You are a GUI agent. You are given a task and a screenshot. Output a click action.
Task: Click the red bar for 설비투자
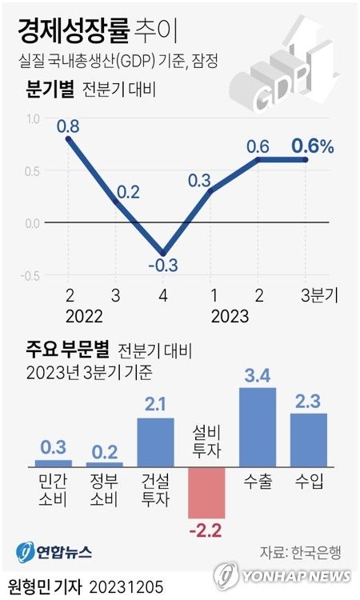[206, 492]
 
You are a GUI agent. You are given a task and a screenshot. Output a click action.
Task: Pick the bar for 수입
[308, 439]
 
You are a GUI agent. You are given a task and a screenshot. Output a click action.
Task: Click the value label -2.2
[206, 529]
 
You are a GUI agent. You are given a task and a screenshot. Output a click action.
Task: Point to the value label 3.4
[258, 374]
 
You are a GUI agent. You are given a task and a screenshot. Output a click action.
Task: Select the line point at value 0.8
[69, 139]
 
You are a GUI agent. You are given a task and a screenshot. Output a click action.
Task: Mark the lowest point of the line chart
[164, 253]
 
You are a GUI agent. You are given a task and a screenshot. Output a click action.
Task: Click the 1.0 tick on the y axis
[32, 119]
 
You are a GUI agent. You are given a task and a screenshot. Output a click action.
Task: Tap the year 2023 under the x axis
[230, 316]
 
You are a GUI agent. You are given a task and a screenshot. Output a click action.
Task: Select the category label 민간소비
[54, 490]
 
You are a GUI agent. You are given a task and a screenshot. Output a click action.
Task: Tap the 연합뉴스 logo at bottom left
[54, 551]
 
